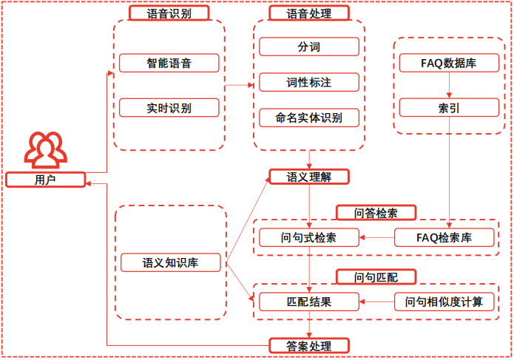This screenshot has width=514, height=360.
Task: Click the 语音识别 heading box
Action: [169, 13]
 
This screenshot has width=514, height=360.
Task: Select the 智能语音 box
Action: [169, 63]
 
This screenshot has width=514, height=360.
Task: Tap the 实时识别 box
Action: [169, 108]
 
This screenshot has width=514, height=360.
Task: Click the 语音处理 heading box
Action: [308, 13]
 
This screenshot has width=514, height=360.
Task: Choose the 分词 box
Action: [308, 47]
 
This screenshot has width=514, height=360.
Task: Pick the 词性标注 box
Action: [308, 81]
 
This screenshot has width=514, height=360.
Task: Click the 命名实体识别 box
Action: [308, 118]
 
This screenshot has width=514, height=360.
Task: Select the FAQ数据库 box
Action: [449, 63]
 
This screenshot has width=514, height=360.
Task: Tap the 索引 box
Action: [449, 108]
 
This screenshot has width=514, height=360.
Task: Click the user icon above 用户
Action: [44, 150]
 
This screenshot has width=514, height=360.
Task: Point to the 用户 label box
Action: [45, 179]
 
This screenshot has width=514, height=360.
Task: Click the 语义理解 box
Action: [308, 177]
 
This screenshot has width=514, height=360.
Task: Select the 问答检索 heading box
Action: [376, 213]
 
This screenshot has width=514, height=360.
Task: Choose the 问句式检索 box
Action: [308, 237]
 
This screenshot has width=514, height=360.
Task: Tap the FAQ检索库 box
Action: [444, 237]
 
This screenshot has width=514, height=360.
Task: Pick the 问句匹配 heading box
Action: [376, 276]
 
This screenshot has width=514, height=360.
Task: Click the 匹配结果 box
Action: [308, 302]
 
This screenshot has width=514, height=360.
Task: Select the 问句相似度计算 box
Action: [444, 302]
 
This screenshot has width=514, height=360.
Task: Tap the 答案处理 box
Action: [308, 345]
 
